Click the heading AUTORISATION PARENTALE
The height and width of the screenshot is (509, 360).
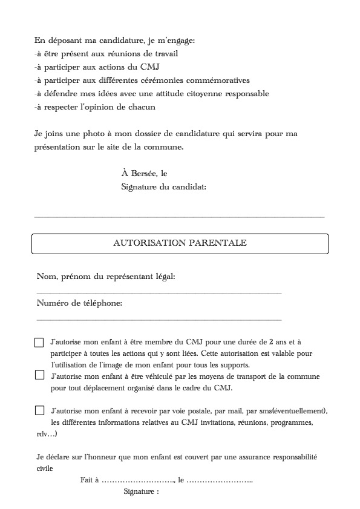tap(180, 243)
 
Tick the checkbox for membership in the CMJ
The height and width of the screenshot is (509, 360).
tap(39, 343)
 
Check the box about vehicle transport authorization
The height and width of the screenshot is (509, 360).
tap(39, 375)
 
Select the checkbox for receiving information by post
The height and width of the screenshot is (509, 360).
tap(39, 410)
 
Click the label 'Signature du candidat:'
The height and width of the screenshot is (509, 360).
tap(164, 187)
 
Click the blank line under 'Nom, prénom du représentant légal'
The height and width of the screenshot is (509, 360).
tap(159, 293)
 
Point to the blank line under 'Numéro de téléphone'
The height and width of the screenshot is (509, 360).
tap(159, 319)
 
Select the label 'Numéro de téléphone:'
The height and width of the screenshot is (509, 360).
tap(79, 303)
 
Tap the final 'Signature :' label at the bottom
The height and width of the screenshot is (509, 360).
tap(141, 492)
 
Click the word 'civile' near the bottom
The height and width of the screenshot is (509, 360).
tap(45, 468)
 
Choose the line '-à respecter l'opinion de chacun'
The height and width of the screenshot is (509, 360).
tap(95, 107)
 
